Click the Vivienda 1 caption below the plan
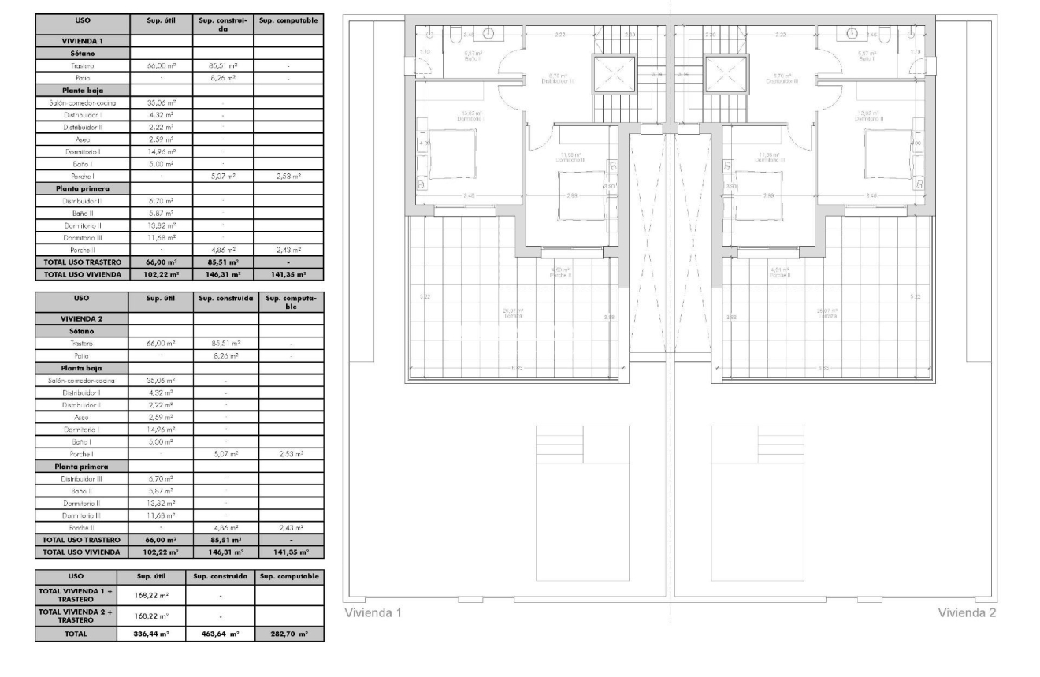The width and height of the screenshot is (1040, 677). click(x=373, y=613)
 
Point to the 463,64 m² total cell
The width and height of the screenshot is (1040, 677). click(x=221, y=633)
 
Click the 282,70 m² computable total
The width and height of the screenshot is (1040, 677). click(x=288, y=633)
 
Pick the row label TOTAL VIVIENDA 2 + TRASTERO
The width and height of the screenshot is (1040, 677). click(x=76, y=615)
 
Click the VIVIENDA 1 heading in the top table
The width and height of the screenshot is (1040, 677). click(x=82, y=39)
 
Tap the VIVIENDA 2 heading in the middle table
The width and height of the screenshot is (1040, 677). click(x=82, y=318)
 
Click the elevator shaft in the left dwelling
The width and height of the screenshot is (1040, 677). click(x=612, y=75)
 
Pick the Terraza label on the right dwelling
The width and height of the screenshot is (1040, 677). click(x=828, y=312)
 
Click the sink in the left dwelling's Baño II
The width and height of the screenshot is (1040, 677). click(x=488, y=33)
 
